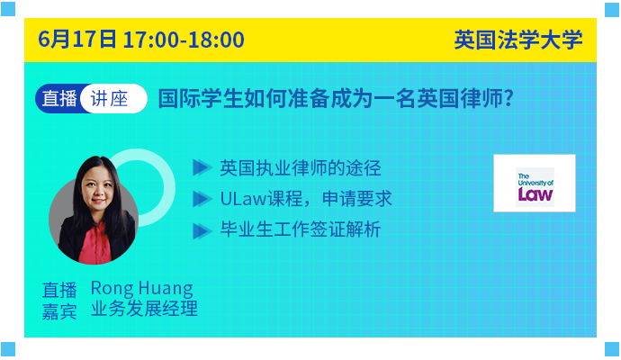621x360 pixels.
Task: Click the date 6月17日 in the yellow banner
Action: (x=77, y=40)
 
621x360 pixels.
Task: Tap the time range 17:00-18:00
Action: (x=184, y=40)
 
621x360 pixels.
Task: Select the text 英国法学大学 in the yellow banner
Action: (x=518, y=40)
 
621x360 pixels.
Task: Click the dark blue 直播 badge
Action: (x=59, y=99)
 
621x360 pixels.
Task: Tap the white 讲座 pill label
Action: (x=113, y=99)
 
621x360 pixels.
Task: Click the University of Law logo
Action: (x=535, y=184)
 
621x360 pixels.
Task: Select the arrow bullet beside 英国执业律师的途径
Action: (x=202, y=167)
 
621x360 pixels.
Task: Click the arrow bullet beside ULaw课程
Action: (x=202, y=198)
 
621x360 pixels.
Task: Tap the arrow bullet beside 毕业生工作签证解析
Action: (x=202, y=231)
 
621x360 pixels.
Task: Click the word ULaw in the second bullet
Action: (x=243, y=199)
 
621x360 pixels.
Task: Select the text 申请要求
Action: (x=356, y=199)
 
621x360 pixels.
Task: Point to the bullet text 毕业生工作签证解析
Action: (x=301, y=229)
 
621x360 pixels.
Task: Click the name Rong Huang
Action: (x=142, y=288)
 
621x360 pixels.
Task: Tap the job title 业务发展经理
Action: (x=144, y=309)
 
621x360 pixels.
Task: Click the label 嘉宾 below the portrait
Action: (x=59, y=311)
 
